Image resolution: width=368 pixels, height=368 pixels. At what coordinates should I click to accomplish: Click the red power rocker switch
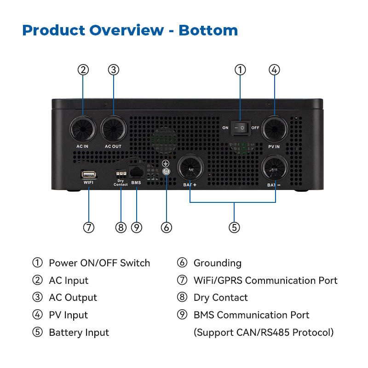[x=240, y=127]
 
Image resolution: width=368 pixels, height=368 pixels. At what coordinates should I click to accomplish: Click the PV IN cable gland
[x=275, y=129]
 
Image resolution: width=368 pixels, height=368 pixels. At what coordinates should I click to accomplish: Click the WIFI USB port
[x=89, y=174]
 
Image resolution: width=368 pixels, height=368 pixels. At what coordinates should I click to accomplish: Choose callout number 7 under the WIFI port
[x=89, y=227]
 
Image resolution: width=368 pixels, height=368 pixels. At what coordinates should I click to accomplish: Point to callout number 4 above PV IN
[x=274, y=70]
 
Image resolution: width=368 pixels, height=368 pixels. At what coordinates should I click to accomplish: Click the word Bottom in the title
[x=208, y=30]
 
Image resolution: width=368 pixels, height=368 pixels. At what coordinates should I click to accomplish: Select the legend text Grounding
[x=217, y=263]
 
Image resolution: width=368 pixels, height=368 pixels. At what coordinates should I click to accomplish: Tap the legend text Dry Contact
[x=220, y=298]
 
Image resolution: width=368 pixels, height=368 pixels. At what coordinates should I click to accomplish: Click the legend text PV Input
[x=68, y=315]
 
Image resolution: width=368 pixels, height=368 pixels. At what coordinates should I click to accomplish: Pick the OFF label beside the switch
[x=255, y=128]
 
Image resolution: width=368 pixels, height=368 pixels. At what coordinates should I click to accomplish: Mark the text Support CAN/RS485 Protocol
[x=264, y=332]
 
